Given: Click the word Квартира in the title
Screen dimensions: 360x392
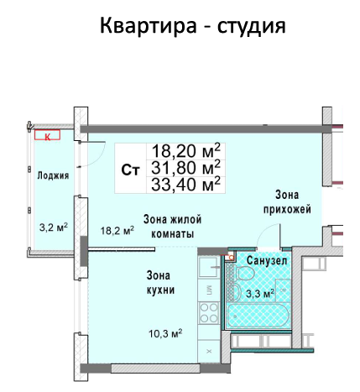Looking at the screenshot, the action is pyautogui.click(x=149, y=25).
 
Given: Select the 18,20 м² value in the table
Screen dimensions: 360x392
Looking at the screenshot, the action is pyautogui.click(x=186, y=151).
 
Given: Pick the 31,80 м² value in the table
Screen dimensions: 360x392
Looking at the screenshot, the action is pyautogui.click(x=186, y=167).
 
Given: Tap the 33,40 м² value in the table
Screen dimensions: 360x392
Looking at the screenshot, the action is pyautogui.click(x=186, y=184).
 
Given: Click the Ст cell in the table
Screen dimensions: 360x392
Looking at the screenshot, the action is pyautogui.click(x=130, y=170).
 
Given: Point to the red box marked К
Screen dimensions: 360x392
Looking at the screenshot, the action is pyautogui.click(x=47, y=135).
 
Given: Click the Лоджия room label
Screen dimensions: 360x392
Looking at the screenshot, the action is pyautogui.click(x=53, y=175).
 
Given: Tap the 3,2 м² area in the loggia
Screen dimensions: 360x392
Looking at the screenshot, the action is pyautogui.click(x=54, y=227).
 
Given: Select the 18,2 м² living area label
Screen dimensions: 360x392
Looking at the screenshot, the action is pyautogui.click(x=117, y=230).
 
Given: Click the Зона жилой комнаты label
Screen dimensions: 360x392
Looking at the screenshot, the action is pyautogui.click(x=173, y=227).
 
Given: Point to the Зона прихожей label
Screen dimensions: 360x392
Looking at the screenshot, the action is pyautogui.click(x=287, y=201).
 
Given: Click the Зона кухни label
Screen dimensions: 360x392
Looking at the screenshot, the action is pyautogui.click(x=160, y=283).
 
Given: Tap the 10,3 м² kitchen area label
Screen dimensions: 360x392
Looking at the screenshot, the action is pyautogui.click(x=165, y=333).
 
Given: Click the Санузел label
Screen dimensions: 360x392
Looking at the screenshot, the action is pyautogui.click(x=267, y=261).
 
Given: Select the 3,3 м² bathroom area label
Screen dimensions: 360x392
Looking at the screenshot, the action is pyautogui.click(x=260, y=294).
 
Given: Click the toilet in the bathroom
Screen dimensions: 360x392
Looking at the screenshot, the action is pyautogui.click(x=244, y=273).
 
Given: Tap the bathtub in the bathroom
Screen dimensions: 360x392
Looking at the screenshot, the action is pyautogui.click(x=258, y=316).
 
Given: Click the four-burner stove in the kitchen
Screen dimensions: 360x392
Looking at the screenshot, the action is pyautogui.click(x=209, y=312).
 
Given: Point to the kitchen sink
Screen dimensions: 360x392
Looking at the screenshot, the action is pyautogui.click(x=208, y=266).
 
